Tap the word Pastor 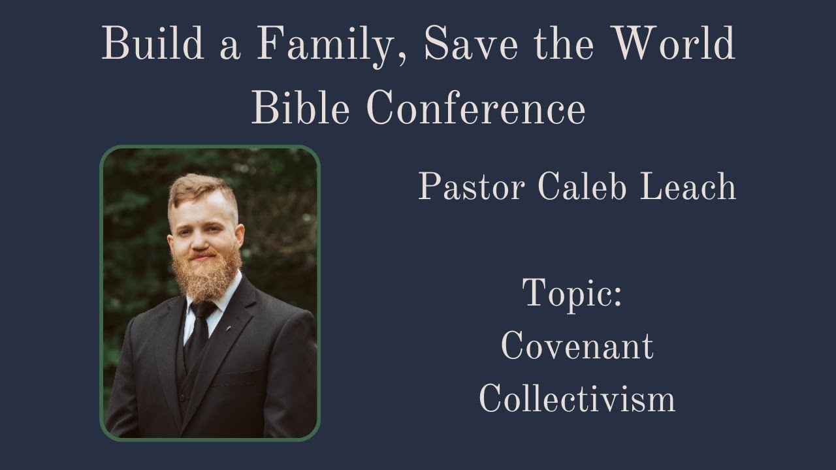pyautogui.click(x=472, y=187)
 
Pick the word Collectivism pyautogui.click(x=577, y=399)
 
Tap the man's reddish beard pyautogui.click(x=204, y=274)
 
